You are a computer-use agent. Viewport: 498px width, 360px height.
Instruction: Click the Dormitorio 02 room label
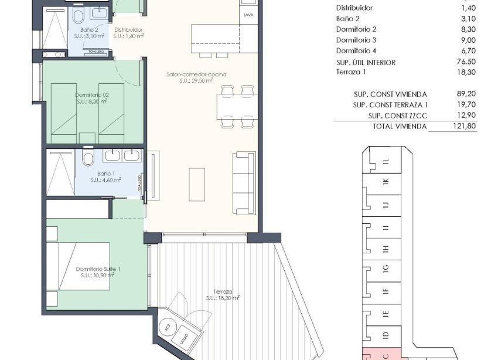tap(91, 94)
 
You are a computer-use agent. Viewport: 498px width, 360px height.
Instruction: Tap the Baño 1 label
tap(105, 174)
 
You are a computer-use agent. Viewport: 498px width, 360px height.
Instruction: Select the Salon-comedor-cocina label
tap(196, 74)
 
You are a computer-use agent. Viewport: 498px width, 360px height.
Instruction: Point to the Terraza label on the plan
tap(223, 291)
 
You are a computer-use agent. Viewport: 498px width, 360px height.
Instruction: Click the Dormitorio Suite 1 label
tap(98, 269)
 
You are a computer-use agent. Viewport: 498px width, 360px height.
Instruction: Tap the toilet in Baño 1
tap(88, 158)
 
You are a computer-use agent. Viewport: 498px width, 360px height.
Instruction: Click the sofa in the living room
tap(243, 183)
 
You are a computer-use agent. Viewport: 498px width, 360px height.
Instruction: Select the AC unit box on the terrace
tap(169, 327)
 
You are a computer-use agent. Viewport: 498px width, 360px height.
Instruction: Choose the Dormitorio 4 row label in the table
tap(356, 51)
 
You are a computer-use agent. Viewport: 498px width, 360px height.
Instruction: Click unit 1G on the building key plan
tap(385, 269)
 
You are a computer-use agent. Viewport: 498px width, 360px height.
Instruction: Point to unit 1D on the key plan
tap(385, 335)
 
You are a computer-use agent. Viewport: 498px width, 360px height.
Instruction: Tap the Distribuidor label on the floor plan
tap(129, 30)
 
